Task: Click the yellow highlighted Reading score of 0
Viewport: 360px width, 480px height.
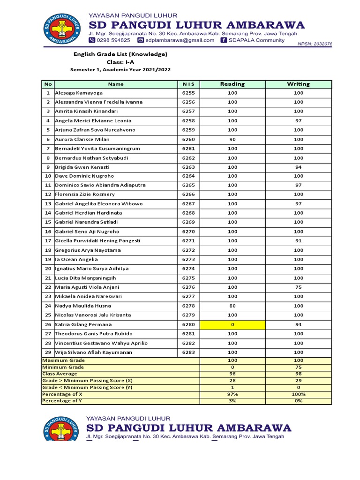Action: pyautogui.click(x=232, y=324)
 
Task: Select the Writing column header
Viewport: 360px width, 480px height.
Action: pyautogui.click(x=298, y=84)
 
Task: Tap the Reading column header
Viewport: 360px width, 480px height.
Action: pyautogui.click(x=232, y=84)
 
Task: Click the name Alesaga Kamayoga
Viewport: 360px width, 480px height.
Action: pyautogui.click(x=79, y=93)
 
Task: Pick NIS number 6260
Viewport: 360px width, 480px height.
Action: pyautogui.click(x=188, y=139)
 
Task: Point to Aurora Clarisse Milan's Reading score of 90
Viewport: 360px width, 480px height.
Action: pyautogui.click(x=232, y=139)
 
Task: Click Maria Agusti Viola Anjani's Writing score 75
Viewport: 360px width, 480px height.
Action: pyautogui.click(x=298, y=287)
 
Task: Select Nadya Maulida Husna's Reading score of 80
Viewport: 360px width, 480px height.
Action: pyautogui.click(x=232, y=306)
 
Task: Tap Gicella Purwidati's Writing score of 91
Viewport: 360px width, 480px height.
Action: pyautogui.click(x=298, y=241)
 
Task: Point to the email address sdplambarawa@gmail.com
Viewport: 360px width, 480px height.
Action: pyautogui.click(x=180, y=40)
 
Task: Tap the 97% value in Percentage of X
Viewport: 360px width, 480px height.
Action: pyautogui.click(x=232, y=394)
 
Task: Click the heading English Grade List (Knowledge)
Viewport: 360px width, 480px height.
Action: pyautogui.click(x=120, y=54)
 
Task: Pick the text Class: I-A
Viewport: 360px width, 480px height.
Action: pyautogui.click(x=120, y=62)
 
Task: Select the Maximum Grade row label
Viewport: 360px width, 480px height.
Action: pyautogui.click(x=63, y=360)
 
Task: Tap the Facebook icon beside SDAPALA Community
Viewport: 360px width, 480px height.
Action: pyautogui.click(x=224, y=40)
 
